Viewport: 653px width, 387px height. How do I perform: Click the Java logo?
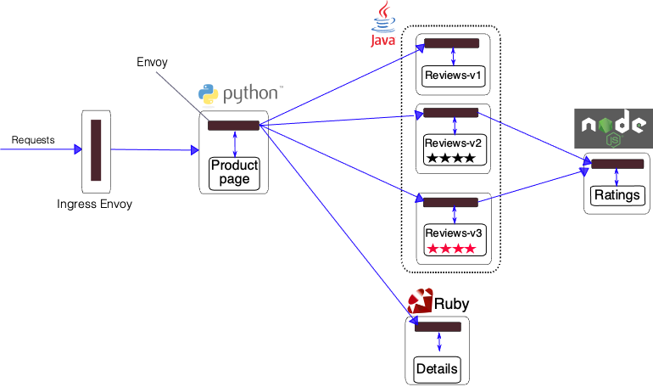pos(385,25)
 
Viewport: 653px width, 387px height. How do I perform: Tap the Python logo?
pos(240,94)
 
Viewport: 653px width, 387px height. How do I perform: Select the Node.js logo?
pos(614,130)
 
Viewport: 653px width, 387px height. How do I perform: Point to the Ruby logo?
pos(438,302)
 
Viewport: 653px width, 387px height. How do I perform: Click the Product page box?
pos(234,172)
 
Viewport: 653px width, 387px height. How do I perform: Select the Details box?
pos(438,368)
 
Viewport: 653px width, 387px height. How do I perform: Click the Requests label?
pos(33,140)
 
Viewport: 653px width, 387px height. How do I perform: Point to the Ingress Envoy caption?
pos(95,205)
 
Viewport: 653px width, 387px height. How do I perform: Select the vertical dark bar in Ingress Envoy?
pos(96,149)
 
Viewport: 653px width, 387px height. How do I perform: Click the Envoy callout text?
pos(153,63)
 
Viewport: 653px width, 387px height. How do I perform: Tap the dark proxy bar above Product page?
pos(233,126)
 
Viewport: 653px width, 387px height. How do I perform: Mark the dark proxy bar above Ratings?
pos(617,165)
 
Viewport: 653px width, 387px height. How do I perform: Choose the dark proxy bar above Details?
pos(438,327)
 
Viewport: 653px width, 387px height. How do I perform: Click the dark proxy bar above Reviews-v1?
pos(451,43)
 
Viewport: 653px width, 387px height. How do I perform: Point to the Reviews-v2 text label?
pos(454,142)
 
